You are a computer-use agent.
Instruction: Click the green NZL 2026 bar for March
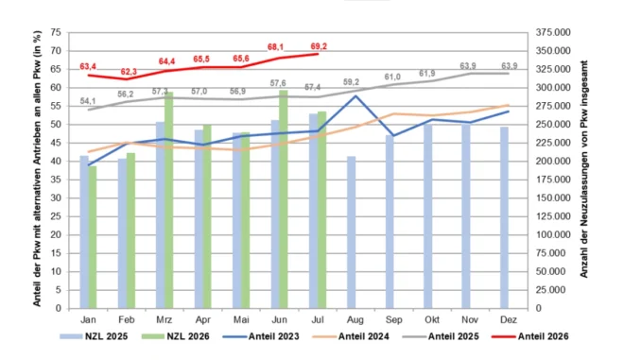(x=169, y=200)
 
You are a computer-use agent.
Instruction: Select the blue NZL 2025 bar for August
(x=352, y=232)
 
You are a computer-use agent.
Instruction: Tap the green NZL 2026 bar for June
(x=284, y=199)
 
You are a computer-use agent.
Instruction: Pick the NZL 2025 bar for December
(x=505, y=218)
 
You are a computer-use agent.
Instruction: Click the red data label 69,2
(x=319, y=46)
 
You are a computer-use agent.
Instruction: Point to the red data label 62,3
(x=129, y=72)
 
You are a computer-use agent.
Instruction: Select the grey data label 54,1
(x=88, y=101)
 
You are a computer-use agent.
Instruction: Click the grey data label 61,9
(x=426, y=74)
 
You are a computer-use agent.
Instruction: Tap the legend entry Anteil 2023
(x=262, y=336)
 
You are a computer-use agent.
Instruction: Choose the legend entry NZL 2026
(x=176, y=336)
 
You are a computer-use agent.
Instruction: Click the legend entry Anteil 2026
(x=530, y=336)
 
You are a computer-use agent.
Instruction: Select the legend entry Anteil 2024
(x=351, y=336)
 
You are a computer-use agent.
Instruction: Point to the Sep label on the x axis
(x=393, y=319)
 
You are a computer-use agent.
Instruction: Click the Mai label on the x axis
(x=241, y=319)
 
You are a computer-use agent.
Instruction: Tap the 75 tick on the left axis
(x=56, y=32)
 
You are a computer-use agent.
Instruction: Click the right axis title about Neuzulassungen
(x=583, y=169)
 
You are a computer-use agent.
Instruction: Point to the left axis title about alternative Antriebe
(x=37, y=168)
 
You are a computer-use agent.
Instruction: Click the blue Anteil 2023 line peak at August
(x=356, y=96)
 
